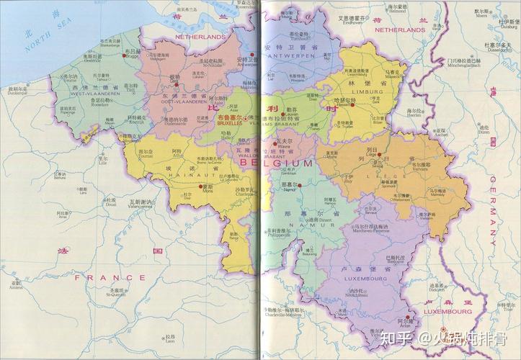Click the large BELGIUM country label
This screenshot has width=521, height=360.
[x=277, y=164]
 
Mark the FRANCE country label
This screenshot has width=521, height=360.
[x=110, y=276]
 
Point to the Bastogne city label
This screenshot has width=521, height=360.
[x=396, y=262]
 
